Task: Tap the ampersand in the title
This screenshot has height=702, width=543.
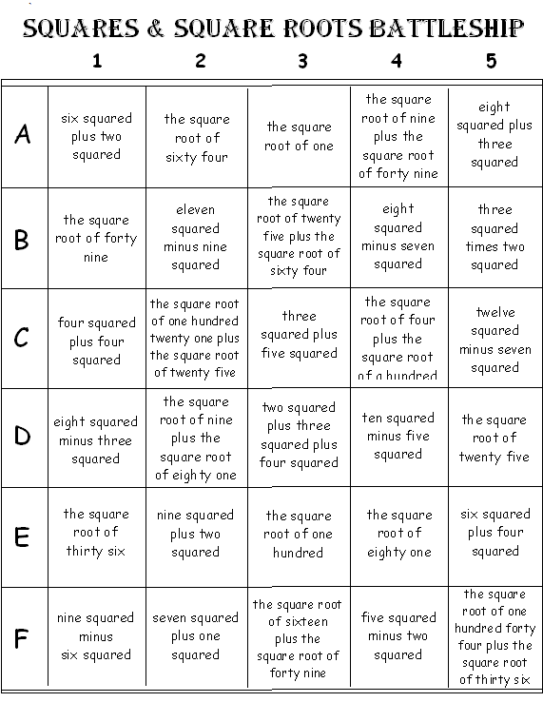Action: [x=154, y=29]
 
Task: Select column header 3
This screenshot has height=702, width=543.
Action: [x=302, y=62]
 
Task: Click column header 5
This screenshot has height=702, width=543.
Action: [x=491, y=62]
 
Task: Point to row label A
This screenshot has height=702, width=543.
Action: [x=23, y=135]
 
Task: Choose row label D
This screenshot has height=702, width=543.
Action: [x=23, y=438]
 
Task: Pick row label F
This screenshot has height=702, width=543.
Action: [x=23, y=637]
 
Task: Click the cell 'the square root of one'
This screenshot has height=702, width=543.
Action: [x=300, y=136]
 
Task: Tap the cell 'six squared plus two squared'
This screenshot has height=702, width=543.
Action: [x=96, y=136]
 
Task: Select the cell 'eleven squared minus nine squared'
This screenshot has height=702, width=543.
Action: [x=196, y=237]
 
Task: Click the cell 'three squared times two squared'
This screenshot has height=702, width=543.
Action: [x=495, y=237]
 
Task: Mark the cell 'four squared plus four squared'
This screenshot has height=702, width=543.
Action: [x=96, y=341]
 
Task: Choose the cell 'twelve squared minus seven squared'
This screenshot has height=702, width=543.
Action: [x=495, y=340]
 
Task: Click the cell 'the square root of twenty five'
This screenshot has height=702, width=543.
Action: [x=495, y=438]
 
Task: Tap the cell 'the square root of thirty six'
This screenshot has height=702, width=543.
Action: [x=96, y=533]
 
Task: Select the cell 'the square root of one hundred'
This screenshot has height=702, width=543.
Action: [x=300, y=534]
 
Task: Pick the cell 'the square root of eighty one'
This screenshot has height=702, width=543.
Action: [x=398, y=534]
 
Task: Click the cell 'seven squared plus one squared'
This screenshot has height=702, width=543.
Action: [x=196, y=636]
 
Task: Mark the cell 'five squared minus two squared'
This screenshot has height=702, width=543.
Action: [x=398, y=636]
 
